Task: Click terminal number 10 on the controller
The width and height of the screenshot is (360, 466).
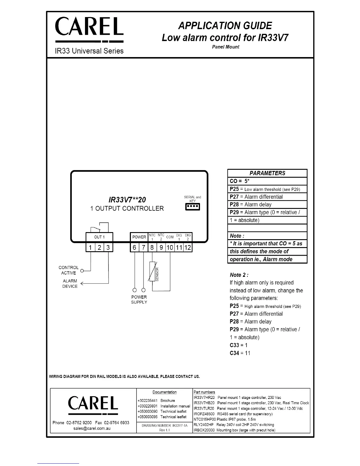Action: coord(170,247)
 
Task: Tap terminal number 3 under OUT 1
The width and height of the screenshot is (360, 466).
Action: coord(108,247)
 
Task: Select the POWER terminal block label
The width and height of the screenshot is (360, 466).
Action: coord(139,237)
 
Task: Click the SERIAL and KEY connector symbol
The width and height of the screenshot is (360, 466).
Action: coord(193,207)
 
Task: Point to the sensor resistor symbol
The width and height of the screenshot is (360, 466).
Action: coord(152,271)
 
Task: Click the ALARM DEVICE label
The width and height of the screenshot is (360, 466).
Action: coord(70,284)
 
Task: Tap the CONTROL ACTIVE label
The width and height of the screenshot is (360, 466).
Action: coord(69,270)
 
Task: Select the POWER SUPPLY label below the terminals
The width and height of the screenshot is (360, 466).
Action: coord(139,299)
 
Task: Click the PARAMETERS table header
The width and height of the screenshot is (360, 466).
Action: coord(267,173)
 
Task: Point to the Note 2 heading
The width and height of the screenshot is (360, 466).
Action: coord(239,275)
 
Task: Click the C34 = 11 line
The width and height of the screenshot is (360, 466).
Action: coord(240,353)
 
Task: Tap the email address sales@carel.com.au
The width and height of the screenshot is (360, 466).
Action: coord(92,428)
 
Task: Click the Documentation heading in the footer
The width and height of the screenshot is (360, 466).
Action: coord(164,392)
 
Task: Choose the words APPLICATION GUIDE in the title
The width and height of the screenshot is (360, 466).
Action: coord(225,26)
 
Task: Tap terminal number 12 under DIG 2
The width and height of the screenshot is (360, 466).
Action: coord(188,247)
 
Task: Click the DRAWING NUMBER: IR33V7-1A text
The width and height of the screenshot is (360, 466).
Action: coord(164,425)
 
